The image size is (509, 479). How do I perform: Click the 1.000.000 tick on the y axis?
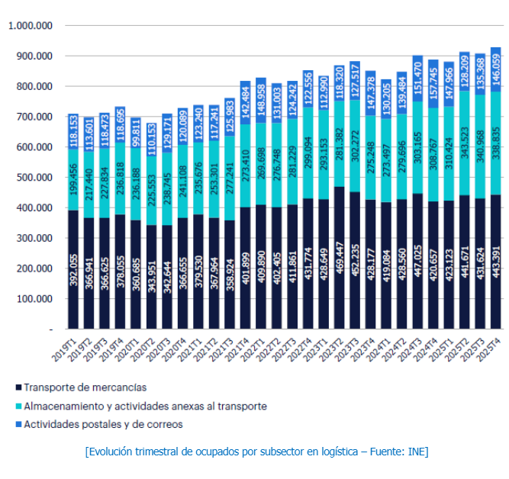pyautogui.click(x=29, y=25)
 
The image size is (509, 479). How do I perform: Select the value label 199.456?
pyautogui.click(x=73, y=180)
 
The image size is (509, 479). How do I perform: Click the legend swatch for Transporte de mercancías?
pyautogui.click(x=16, y=387)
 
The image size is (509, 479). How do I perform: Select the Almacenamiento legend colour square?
pyautogui.click(x=16, y=406)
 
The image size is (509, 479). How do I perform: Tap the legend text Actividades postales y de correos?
pyautogui.click(x=103, y=424)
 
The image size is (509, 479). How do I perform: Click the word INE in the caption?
pyautogui.click(x=417, y=452)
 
